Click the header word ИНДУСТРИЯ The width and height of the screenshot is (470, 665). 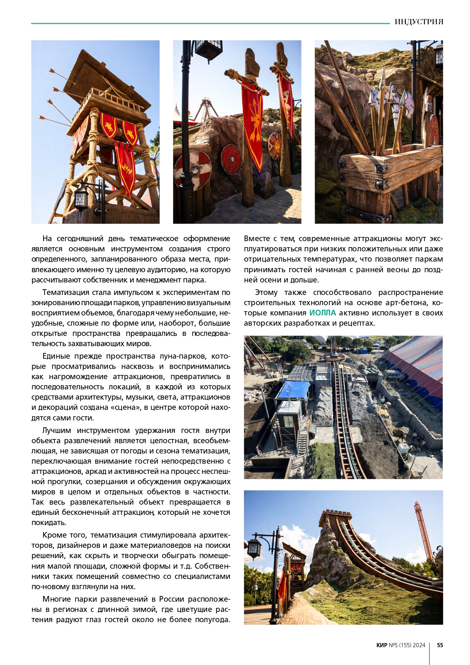418,22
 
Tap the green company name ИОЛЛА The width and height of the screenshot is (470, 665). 322,313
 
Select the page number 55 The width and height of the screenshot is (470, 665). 440,645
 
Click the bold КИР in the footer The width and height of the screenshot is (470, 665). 382,645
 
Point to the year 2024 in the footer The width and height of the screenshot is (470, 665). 419,645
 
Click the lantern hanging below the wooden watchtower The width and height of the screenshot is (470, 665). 81,198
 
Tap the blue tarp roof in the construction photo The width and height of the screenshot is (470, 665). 294,390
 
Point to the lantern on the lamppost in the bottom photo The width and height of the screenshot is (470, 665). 254,548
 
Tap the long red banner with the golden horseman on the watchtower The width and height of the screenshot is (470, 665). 125,167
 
